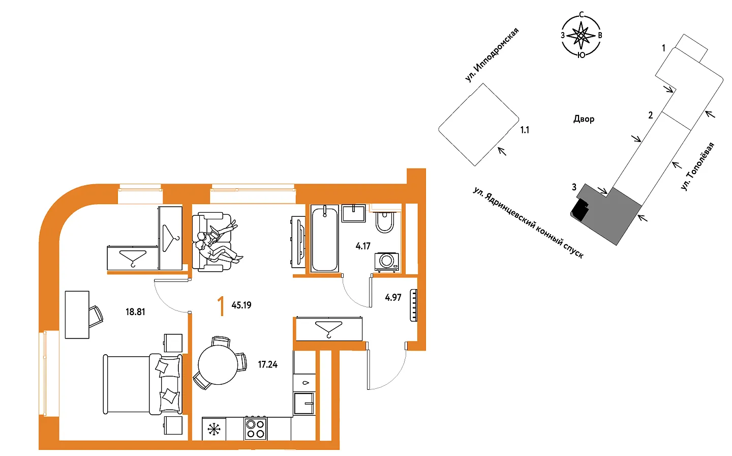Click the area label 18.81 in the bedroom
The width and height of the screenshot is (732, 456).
(x=135, y=312)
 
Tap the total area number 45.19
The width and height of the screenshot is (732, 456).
(x=241, y=305)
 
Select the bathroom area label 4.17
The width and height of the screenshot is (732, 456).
(x=363, y=246)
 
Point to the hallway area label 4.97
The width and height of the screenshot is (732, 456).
(x=393, y=297)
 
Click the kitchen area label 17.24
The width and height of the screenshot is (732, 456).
(x=267, y=364)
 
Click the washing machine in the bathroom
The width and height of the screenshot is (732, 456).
(x=387, y=262)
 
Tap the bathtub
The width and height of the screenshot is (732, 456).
(x=324, y=239)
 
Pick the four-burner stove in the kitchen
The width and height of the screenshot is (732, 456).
(x=256, y=429)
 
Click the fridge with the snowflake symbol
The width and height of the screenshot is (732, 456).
(x=214, y=429)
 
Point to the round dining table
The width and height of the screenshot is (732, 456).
(x=218, y=365)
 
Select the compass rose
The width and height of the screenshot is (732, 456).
(x=581, y=35)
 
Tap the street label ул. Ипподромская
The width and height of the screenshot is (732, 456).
(x=492, y=55)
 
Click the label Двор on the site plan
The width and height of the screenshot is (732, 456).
(x=584, y=119)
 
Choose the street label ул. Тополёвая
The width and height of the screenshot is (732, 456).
(x=698, y=167)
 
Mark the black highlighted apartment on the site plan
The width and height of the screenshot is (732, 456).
(x=580, y=209)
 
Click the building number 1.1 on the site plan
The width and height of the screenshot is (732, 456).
(x=525, y=130)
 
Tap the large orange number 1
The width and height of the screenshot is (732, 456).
(x=222, y=306)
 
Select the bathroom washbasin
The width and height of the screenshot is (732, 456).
(x=354, y=213)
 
